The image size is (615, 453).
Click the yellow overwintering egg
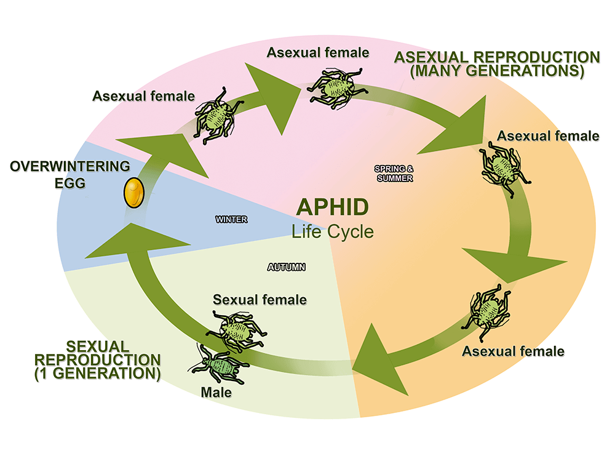coord(133,193)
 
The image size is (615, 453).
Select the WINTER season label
coord(231,219)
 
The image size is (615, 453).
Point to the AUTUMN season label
coord(287,267)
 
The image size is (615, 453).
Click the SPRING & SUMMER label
coord(394,173)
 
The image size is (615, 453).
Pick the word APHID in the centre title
coord(333,208)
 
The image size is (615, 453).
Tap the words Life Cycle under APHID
coord(333,232)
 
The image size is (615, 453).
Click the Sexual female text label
coord(259,300)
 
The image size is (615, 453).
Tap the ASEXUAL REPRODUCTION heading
coord(497,58)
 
